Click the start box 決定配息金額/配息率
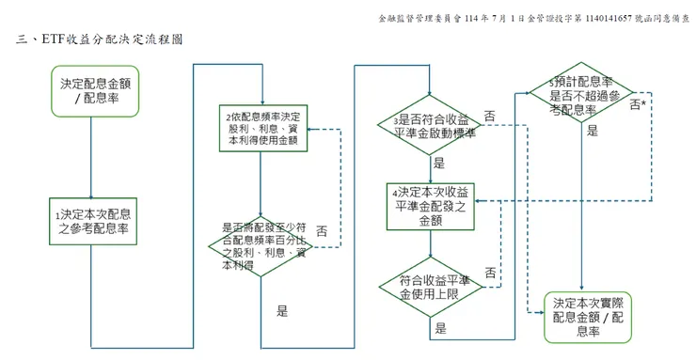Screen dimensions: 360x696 (x=90, y=91)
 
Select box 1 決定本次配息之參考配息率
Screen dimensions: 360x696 (x=90, y=221)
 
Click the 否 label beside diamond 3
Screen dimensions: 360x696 (x=490, y=116)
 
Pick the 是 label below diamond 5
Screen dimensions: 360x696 (x=592, y=133)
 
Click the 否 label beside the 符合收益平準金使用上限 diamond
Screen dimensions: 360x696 (x=490, y=272)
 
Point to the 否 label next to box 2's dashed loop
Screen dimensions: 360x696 (x=322, y=231)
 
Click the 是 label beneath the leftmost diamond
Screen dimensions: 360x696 (x=282, y=309)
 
